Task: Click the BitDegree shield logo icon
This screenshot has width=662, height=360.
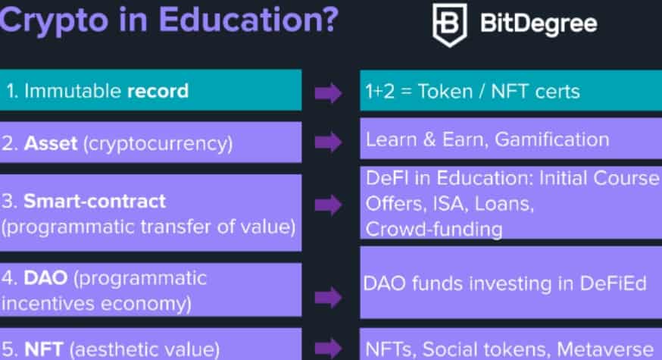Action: pyautogui.click(x=450, y=24)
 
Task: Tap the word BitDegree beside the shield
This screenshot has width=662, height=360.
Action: pyautogui.click(x=539, y=23)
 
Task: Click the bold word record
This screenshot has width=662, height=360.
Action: pyautogui.click(x=158, y=91)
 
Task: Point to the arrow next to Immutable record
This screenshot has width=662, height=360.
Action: pyautogui.click(x=328, y=92)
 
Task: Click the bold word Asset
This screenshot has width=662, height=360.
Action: pyautogui.click(x=51, y=144)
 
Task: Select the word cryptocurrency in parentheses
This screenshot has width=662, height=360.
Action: pyautogui.click(x=158, y=144)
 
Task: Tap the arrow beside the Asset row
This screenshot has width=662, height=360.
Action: pyautogui.click(x=328, y=142)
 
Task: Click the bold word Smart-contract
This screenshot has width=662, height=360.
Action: pyautogui.click(x=95, y=202)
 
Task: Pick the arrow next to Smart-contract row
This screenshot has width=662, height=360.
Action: pyautogui.click(x=328, y=205)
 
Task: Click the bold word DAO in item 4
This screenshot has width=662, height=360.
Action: pyautogui.click(x=45, y=278)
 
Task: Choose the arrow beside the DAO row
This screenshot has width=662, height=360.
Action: pyautogui.click(x=328, y=297)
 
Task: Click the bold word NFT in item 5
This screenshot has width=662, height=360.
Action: pyautogui.click(x=44, y=349)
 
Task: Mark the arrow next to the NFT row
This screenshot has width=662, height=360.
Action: pyautogui.click(x=328, y=348)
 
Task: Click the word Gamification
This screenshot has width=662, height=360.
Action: pyautogui.click(x=552, y=140)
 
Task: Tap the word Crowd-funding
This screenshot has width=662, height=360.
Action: pyautogui.click(x=433, y=230)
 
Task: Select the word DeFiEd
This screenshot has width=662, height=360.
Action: pyautogui.click(x=613, y=283)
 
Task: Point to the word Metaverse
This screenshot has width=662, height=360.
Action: pyautogui.click(x=605, y=349)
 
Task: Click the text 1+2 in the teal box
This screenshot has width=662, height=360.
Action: pyautogui.click(x=380, y=92)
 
